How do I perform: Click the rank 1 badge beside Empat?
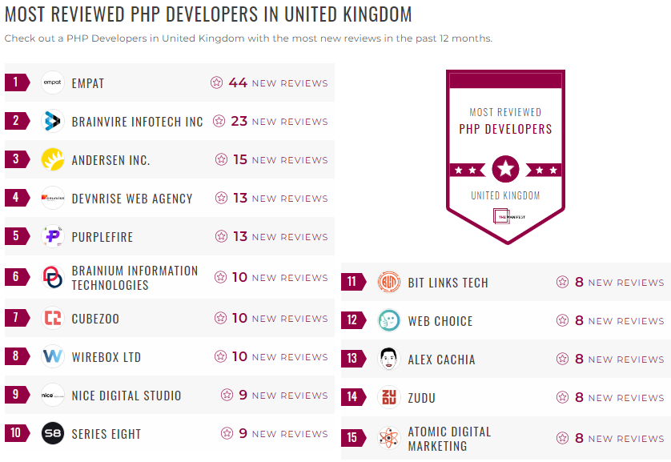16,82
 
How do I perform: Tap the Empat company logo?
53,82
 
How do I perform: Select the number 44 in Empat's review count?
238,82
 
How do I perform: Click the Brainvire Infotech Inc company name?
138,122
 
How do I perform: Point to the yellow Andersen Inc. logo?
53,159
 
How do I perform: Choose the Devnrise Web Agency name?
132,199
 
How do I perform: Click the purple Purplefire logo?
53,236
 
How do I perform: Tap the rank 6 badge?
16,277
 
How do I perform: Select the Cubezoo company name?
95,319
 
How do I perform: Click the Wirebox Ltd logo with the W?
53,356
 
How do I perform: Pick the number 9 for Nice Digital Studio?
243,395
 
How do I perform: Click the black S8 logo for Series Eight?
53,433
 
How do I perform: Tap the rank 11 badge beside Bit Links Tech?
352,282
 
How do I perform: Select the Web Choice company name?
440,321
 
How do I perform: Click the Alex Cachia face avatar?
389,359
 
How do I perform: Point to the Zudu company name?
422,398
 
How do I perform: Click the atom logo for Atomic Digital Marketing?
389,438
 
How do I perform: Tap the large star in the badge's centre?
505,169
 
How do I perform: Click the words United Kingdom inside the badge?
505,195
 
